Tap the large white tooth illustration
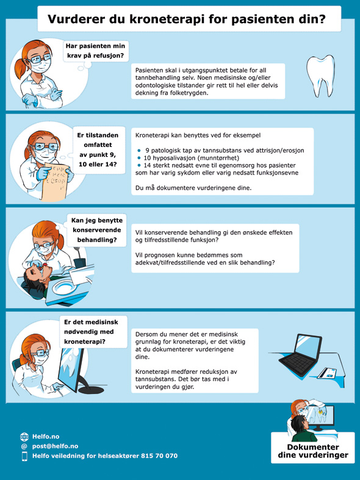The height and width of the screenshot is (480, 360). (320, 76)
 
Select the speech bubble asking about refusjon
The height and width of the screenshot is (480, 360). (96, 51)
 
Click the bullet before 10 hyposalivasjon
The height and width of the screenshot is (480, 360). (139, 158)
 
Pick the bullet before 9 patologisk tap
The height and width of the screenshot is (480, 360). (139, 150)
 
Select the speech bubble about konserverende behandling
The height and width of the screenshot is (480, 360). (97, 230)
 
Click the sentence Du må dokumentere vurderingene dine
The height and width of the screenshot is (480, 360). (193, 188)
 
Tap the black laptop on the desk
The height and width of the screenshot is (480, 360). (300, 356)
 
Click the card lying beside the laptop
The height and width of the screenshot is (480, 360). (326, 373)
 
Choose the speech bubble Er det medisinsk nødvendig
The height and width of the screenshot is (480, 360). (93, 332)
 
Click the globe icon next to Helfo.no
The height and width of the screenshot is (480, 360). (24, 437)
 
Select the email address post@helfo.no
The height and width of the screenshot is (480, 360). (55, 446)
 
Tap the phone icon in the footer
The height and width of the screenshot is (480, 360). (24, 456)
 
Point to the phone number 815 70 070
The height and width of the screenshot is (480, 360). (159, 456)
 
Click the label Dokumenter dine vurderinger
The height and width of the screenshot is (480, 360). (313, 451)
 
